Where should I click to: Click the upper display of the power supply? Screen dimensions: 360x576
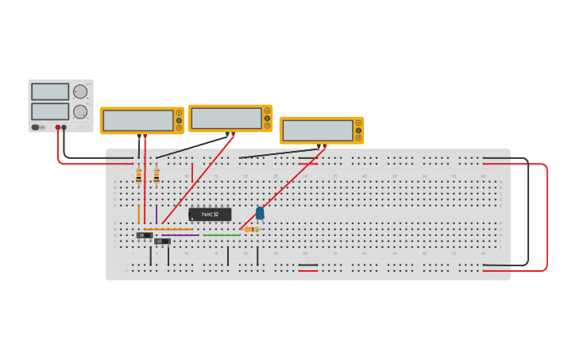pos(50,91)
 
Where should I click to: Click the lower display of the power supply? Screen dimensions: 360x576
pos(50,111)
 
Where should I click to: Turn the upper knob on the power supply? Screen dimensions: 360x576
pos(80,91)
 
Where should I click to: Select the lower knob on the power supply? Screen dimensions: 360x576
pos(80,112)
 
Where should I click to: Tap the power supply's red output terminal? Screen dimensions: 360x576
pos(58,127)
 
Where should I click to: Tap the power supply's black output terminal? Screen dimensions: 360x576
pos(64,127)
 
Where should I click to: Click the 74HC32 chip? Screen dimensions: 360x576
pos(210,214)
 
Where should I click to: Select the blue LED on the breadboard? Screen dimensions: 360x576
pos(260,213)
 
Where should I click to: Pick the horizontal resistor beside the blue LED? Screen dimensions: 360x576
pos(252,229)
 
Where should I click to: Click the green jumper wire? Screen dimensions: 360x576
pos(222,235)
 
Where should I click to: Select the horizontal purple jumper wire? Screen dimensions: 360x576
pos(181,235)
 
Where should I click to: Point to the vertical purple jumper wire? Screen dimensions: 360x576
pos(157,214)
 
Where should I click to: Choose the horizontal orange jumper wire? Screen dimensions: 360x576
pos(168,230)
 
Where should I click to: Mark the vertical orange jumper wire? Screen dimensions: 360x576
pos(139,214)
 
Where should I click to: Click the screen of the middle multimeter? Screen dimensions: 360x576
pos(226,118)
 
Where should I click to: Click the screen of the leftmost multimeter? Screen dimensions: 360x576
pos(138,120)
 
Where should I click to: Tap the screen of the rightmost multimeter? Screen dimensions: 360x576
pos(318,130)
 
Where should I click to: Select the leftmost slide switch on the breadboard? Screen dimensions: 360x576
pos(144,235)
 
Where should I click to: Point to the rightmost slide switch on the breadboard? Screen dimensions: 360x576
pos(162,241)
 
